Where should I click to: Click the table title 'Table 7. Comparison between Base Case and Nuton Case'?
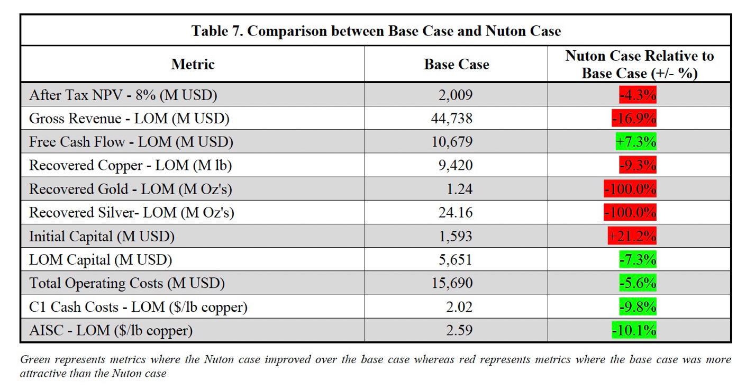pyautogui.click(x=376, y=31)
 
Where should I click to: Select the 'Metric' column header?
pyautogui.click(x=193, y=64)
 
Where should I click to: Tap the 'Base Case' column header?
pyautogui.click(x=456, y=64)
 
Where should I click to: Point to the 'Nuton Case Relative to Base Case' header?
pyautogui.click(x=639, y=64)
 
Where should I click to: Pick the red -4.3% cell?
pyautogui.click(x=638, y=95)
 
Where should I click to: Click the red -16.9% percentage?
pyautogui.click(x=634, y=118)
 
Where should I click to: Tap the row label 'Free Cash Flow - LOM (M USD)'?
pyautogui.click(x=131, y=142)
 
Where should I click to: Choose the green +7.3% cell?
pyautogui.click(x=636, y=142)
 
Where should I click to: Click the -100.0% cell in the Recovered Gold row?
pyautogui.click(x=630, y=189)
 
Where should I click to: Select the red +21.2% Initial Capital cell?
pyautogui.click(x=632, y=236)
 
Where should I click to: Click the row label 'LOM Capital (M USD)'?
pyautogui.click(x=101, y=260)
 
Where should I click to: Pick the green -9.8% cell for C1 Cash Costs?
pyautogui.click(x=638, y=307)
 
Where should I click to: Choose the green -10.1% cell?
pyautogui.click(x=634, y=331)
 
